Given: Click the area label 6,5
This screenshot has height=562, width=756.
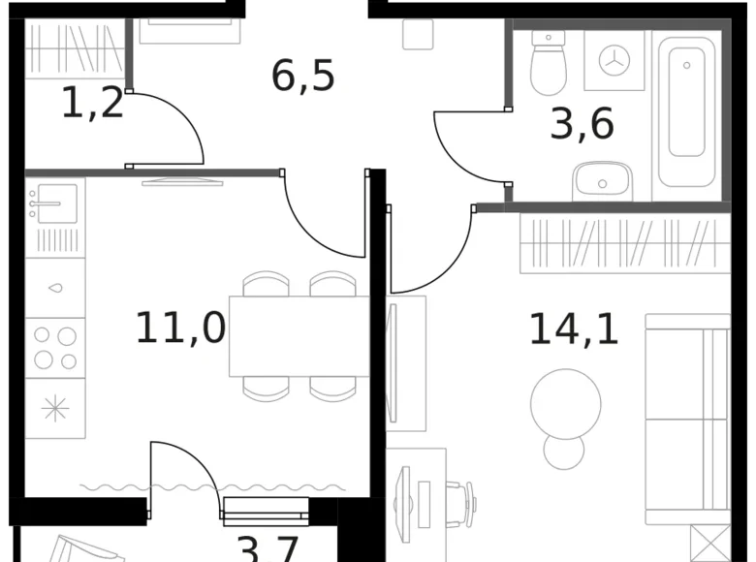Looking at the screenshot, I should pos(302,76).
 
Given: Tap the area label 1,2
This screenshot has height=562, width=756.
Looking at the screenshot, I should pos(92,103).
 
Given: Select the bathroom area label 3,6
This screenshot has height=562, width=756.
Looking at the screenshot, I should pos(582,125).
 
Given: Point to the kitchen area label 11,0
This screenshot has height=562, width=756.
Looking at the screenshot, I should pos(179,328).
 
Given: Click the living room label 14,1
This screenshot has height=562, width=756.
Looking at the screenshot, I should pos(573,329).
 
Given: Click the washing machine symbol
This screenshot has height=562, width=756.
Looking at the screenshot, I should pos(614,61).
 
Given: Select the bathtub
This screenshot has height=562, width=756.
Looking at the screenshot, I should pos(686,109).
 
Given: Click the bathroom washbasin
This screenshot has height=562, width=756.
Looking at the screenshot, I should pos(602,181).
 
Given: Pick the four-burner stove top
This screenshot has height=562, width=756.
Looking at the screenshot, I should pos(55,348).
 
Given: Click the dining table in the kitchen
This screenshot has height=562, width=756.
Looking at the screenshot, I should pos(299,336).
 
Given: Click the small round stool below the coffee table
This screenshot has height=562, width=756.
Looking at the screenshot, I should pos(563,452).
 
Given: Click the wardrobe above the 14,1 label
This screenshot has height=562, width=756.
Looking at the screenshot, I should pos(624,243).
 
